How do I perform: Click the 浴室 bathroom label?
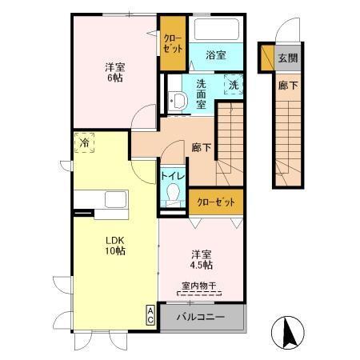[x=216, y=55]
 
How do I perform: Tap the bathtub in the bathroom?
[x=216, y=29]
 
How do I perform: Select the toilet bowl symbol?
[x=173, y=193]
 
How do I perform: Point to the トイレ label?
[x=173, y=176]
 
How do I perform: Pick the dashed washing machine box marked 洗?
[x=234, y=84]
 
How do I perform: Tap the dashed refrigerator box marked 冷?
[x=84, y=142]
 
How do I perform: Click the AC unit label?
[x=150, y=315]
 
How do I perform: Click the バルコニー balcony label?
[x=201, y=317]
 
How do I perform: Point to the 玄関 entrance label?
[x=288, y=58]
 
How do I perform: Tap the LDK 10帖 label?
[x=115, y=246]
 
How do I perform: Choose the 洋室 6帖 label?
[x=114, y=72]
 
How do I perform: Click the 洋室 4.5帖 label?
[x=202, y=260]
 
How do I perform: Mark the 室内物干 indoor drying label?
[x=199, y=286]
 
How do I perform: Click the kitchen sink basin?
[x=115, y=199]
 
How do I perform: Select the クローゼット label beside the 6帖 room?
[x=173, y=43]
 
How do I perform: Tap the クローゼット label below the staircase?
[x=216, y=202]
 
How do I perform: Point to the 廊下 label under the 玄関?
[x=288, y=86]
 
